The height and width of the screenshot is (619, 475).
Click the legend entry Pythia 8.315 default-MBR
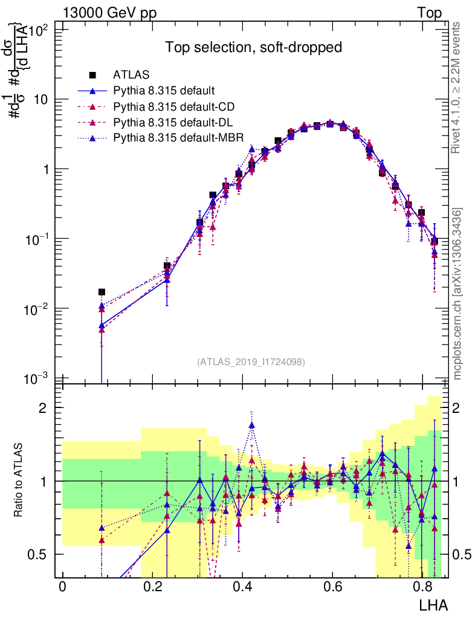click(x=178, y=138)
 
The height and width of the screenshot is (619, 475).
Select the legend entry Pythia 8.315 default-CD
click(x=174, y=106)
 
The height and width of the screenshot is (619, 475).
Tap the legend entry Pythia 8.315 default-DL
click(x=173, y=122)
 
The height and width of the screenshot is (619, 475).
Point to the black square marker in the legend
click(x=92, y=75)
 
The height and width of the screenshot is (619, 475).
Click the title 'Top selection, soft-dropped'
click(x=254, y=47)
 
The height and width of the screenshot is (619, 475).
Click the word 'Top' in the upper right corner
click(x=429, y=13)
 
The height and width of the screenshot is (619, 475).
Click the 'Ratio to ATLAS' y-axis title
click(x=20, y=481)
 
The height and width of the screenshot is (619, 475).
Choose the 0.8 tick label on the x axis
click(x=422, y=586)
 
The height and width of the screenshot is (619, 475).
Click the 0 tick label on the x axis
click(x=62, y=586)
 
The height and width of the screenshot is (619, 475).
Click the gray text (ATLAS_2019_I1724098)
click(x=251, y=362)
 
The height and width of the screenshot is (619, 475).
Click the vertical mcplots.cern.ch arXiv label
click(x=457, y=293)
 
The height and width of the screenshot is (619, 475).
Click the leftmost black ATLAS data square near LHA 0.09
click(x=102, y=292)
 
